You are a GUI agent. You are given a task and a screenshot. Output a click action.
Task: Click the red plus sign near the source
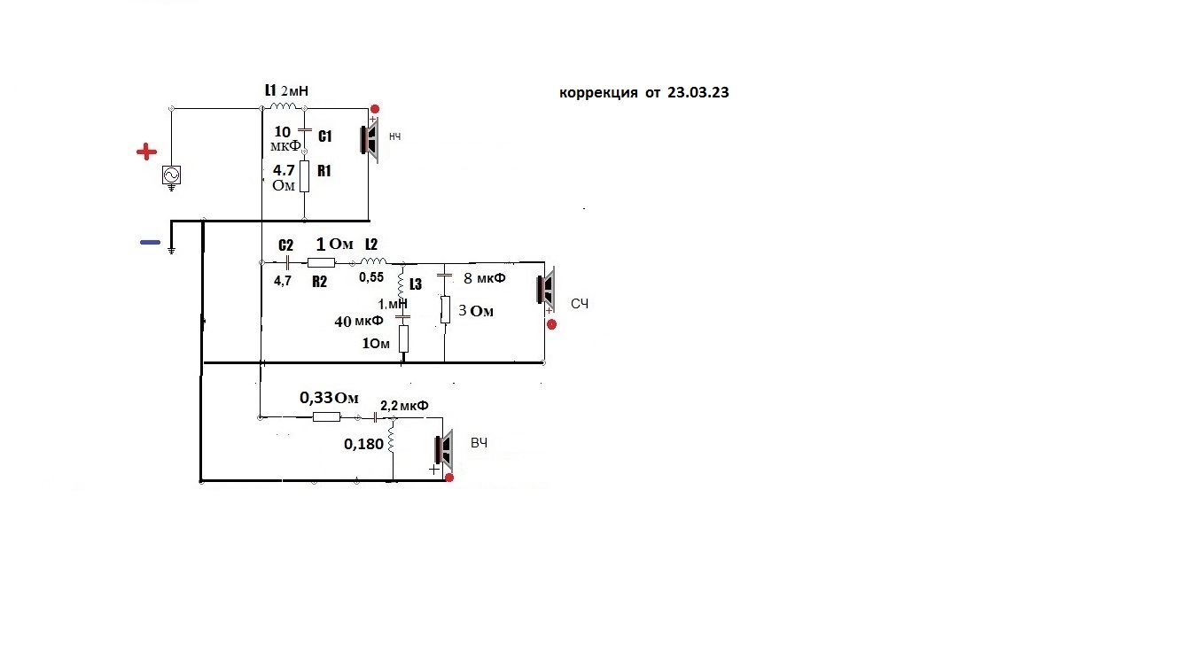coord(146,152)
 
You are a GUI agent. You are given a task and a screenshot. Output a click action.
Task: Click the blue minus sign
coord(151,242)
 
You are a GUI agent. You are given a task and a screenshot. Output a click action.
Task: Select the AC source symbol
coord(171,175)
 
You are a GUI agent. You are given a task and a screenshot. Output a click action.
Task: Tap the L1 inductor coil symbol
coord(284,106)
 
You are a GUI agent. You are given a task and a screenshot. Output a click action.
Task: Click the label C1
coord(325,136)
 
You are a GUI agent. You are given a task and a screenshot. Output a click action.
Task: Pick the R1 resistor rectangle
coord(304,176)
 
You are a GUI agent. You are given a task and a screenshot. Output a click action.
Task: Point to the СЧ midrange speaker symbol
coord(546,289)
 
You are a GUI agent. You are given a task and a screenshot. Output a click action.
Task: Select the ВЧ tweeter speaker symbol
coord(444,449)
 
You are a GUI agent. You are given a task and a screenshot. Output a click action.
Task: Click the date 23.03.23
coord(698,92)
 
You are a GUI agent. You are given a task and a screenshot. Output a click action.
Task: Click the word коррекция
coord(598,94)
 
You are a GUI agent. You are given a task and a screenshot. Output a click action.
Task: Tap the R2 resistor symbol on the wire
coord(321,262)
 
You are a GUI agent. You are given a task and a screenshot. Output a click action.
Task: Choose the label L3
coord(416,284)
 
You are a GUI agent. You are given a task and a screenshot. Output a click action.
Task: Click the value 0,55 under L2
coord(371,277)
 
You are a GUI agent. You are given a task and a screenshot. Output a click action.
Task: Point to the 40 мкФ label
coord(359,321)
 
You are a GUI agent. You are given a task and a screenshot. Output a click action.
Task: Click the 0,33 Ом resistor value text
coord(329,398)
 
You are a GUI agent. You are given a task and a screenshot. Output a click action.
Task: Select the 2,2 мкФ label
coord(404,406)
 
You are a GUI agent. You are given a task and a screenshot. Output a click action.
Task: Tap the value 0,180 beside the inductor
coord(363,445)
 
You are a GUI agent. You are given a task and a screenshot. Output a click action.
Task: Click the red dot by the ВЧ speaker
coord(449,478)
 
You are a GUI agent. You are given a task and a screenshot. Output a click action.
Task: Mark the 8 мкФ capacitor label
coord(485,278)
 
